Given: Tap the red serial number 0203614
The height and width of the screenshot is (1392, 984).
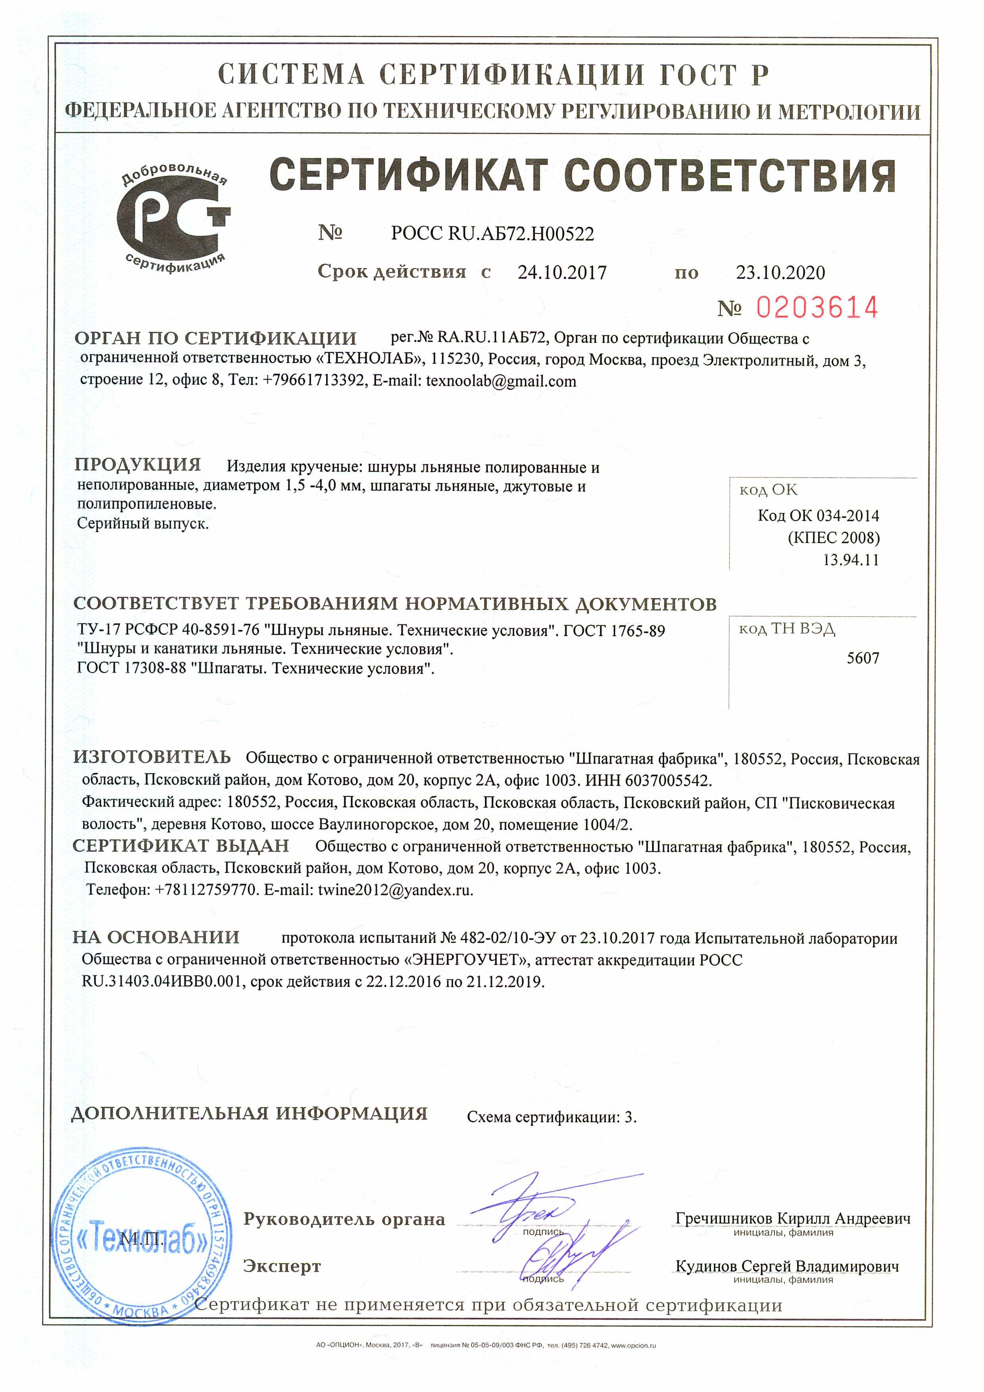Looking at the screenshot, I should point(817,308).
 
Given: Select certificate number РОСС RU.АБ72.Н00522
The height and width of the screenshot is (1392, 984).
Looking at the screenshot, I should point(492,233).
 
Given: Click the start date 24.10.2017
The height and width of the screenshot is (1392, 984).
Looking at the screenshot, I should point(562,273).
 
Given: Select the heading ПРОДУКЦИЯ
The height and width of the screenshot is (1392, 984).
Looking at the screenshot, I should point(138,465).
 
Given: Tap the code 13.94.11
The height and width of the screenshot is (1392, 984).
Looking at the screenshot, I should point(851,560).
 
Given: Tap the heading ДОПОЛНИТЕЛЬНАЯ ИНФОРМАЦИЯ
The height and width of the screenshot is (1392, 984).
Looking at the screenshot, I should point(249,1114).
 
